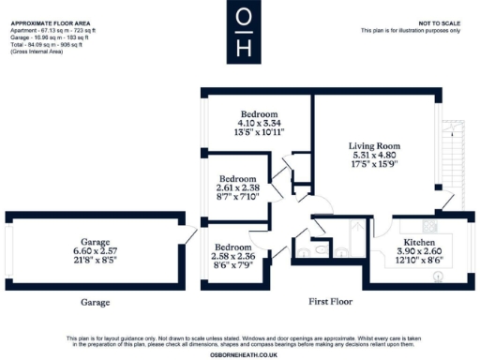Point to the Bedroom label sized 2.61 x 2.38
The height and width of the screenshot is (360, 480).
point(238,178)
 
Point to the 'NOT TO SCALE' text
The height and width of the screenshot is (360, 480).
point(439,22)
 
